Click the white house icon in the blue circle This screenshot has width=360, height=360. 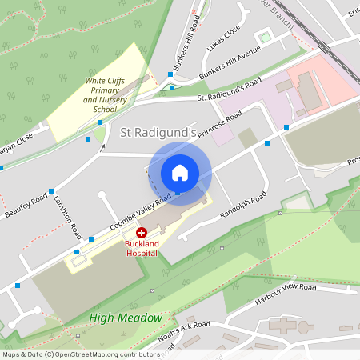(x=180, y=172)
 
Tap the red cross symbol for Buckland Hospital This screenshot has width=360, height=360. (x=142, y=231)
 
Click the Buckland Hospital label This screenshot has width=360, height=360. (x=141, y=247)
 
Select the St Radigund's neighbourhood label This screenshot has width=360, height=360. (x=158, y=130)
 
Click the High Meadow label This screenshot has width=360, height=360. (x=126, y=318)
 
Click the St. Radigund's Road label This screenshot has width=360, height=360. (x=230, y=89)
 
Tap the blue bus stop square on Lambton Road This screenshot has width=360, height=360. (x=51, y=191)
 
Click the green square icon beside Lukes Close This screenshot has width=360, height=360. (x=265, y=38)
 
